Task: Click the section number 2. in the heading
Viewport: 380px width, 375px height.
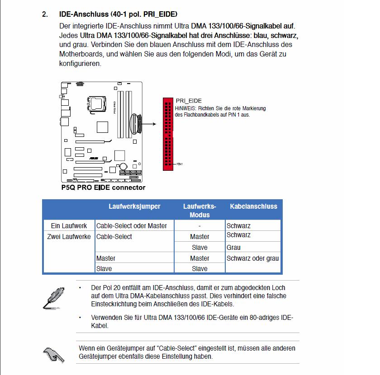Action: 45,14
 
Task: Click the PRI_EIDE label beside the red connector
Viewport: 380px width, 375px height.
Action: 189,101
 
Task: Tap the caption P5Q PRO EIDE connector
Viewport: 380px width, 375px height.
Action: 103,187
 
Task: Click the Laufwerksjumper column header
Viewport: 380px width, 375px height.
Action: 134,206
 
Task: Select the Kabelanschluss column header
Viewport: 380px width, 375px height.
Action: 253,206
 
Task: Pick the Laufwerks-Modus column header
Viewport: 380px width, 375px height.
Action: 199,211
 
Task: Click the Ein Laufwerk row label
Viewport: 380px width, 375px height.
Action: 68,225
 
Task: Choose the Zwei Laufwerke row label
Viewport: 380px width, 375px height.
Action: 69,236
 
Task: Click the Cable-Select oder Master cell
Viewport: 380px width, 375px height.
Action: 132,225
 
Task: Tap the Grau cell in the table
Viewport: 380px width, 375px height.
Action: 233,248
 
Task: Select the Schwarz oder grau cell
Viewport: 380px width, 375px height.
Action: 252,258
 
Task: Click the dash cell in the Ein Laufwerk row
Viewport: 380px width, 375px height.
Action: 199,226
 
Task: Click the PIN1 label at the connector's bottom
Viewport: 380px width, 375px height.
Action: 180,164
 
